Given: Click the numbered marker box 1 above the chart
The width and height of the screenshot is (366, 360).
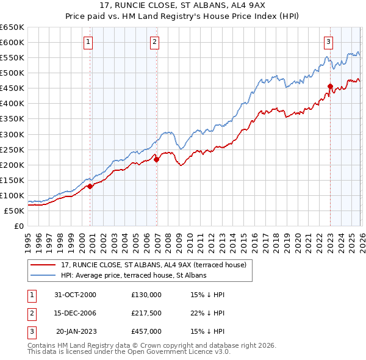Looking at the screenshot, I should pyautogui.click(x=89, y=42).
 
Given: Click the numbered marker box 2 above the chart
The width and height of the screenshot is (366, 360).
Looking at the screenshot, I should pyautogui.click(x=155, y=42).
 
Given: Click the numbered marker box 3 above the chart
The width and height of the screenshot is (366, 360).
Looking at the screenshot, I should pyautogui.click(x=328, y=42).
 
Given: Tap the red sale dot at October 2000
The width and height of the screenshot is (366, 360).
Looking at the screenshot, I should pyautogui.click(x=90, y=186).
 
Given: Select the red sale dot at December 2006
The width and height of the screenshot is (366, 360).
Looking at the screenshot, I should pyautogui.click(x=157, y=159).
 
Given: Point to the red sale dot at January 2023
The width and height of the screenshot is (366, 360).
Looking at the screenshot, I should pyautogui.click(x=330, y=86).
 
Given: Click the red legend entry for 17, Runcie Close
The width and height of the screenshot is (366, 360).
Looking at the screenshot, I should pyautogui.click(x=153, y=265).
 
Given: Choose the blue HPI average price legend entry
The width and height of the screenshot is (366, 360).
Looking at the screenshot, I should pyautogui.click(x=134, y=275).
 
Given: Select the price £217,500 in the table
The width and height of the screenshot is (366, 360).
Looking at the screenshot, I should pyautogui.click(x=146, y=313).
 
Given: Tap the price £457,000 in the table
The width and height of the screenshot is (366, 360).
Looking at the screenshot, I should pyautogui.click(x=146, y=331).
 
